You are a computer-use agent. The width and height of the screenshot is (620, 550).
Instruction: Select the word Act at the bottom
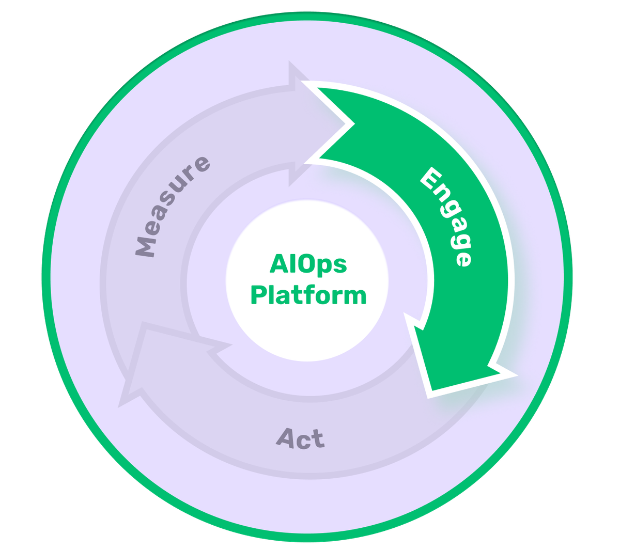coord(301,439)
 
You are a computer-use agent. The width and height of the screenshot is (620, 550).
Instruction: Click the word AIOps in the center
coord(308,265)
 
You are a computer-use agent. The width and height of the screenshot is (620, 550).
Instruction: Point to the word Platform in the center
coord(308,295)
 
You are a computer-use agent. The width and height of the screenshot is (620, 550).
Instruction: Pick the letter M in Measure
coord(146,247)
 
